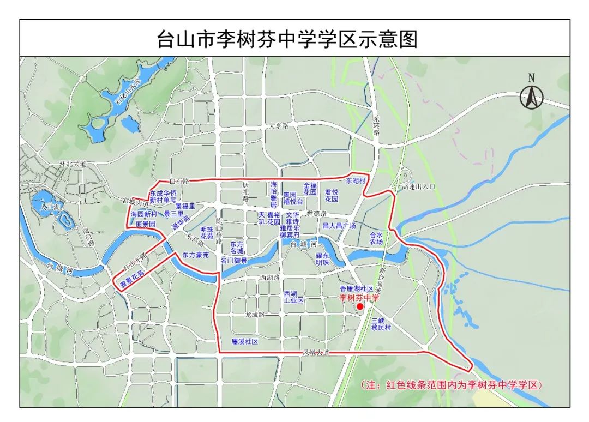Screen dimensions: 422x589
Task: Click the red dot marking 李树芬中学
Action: click(x=360, y=307)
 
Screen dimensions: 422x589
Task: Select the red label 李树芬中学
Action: click(x=359, y=298)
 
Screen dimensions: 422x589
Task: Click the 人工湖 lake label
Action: click(x=51, y=207)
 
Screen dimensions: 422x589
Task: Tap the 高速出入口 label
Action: click(x=419, y=187)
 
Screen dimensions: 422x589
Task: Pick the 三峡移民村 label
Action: click(x=381, y=324)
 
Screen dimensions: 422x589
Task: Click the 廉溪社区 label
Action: click(x=244, y=341)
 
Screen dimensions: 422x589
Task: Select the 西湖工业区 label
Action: click(x=293, y=297)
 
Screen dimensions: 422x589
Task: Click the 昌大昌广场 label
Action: click(x=339, y=225)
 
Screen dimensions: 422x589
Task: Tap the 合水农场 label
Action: click(x=376, y=238)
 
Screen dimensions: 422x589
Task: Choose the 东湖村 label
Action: click(x=356, y=180)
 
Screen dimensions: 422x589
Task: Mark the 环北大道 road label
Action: click(x=73, y=163)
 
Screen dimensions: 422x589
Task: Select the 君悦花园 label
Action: click(x=332, y=195)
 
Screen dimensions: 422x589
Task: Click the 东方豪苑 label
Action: click(x=195, y=255)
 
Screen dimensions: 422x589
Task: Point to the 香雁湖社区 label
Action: click(x=356, y=288)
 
